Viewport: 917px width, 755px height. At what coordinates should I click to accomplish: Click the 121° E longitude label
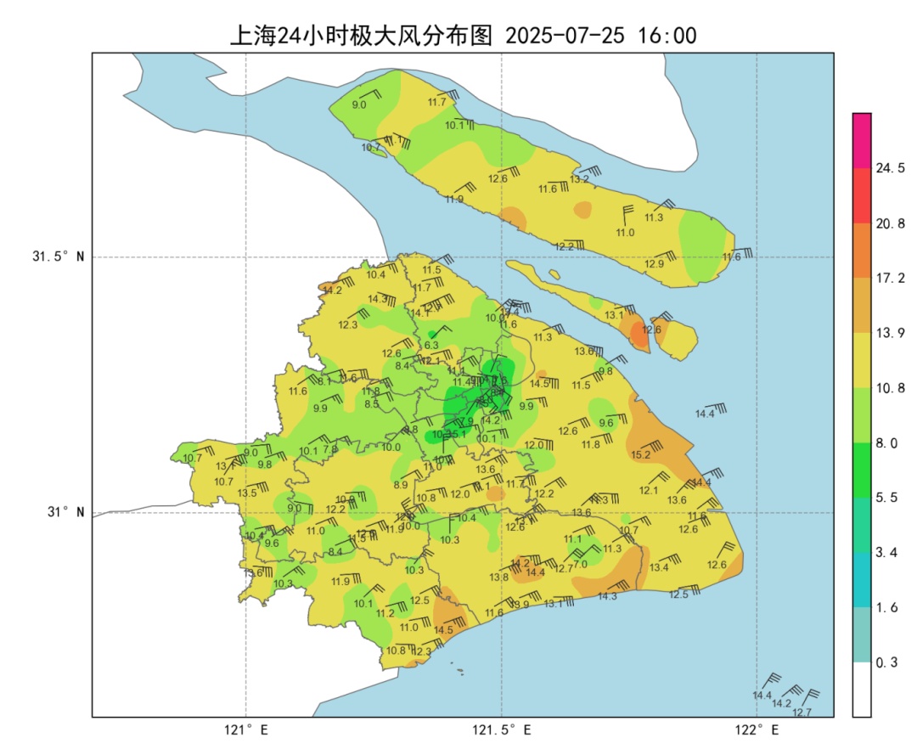[x=246, y=730]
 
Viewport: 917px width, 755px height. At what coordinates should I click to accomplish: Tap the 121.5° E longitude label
[x=502, y=730]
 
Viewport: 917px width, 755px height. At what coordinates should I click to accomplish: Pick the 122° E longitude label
[x=757, y=730]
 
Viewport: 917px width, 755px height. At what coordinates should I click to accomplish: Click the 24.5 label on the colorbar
[x=890, y=168]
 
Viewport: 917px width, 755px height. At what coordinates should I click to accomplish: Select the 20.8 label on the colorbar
[x=890, y=223]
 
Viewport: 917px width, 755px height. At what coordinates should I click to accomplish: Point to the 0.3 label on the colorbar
[x=886, y=662]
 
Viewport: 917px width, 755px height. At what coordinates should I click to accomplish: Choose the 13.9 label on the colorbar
[x=890, y=333]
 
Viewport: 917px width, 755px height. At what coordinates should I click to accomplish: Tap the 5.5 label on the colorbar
[x=886, y=498]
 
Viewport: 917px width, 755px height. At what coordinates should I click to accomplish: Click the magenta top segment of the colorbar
[x=862, y=140]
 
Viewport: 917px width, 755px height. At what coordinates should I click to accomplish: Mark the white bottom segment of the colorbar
[x=862, y=689]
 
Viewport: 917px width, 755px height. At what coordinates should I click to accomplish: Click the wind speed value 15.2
[x=641, y=455]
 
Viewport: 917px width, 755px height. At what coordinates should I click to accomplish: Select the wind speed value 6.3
[x=431, y=345]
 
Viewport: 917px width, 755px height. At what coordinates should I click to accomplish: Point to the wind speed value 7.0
[x=581, y=564]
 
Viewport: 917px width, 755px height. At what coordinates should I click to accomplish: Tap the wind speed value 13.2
[x=579, y=179]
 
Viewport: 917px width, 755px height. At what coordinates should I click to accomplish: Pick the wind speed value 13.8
[x=499, y=578]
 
